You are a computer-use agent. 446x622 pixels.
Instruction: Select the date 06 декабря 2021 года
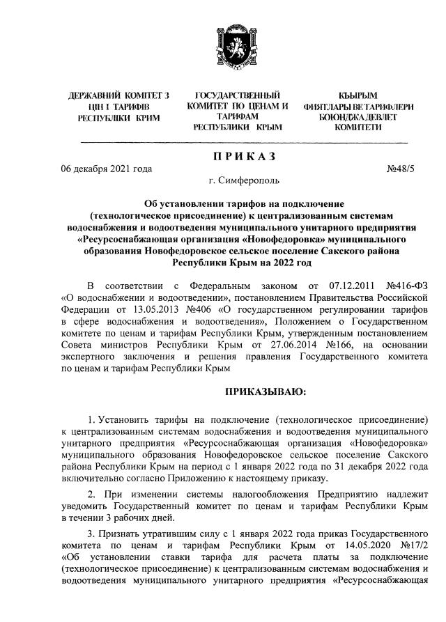click(107, 168)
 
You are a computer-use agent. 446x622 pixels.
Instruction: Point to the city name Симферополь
click(249, 181)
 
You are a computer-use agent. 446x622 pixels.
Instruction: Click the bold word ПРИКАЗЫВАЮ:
click(266, 393)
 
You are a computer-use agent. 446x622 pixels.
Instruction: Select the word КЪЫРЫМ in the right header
click(358, 94)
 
